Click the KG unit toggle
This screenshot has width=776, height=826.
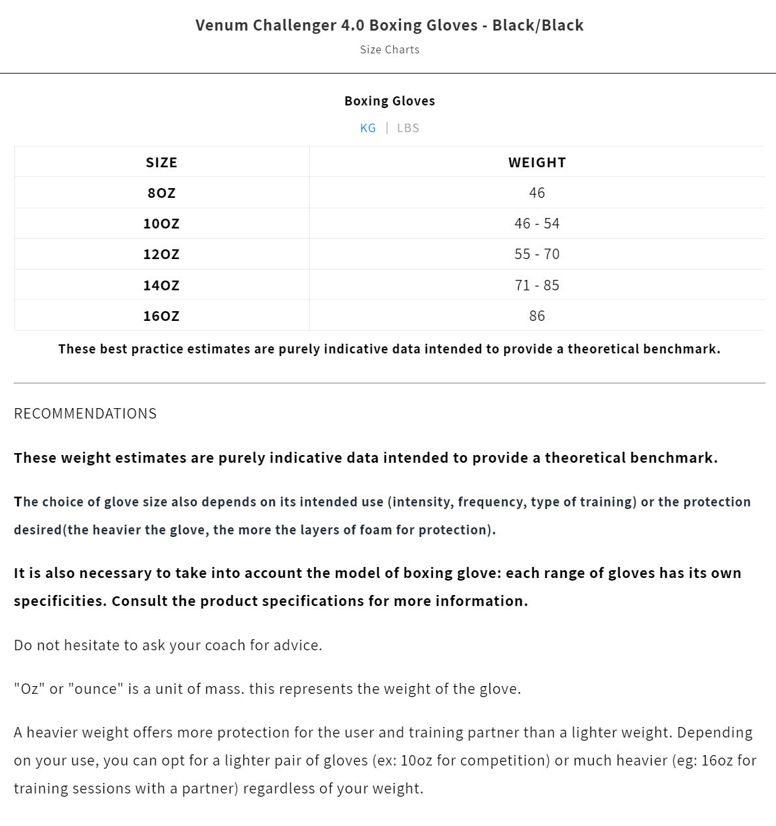tap(368, 128)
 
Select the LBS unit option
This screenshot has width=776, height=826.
tap(408, 128)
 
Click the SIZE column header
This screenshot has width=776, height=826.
tap(161, 162)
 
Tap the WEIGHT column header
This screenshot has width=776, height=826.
tap(537, 162)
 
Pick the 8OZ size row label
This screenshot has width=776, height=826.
tap(161, 193)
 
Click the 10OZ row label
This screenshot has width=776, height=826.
tap(161, 223)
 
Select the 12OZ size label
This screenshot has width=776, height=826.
tap(161, 254)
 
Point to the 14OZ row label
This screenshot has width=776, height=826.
tap(161, 285)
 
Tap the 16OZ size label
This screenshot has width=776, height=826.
tap(161, 316)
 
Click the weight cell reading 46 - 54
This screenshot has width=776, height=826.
tap(537, 223)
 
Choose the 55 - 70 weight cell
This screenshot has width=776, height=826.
tap(537, 254)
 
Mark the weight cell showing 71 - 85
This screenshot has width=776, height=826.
tap(537, 285)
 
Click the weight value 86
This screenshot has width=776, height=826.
tap(537, 316)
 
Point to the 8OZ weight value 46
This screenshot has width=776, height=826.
tap(537, 193)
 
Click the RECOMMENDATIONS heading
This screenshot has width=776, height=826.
tap(85, 413)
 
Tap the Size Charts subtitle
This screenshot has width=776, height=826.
tap(389, 49)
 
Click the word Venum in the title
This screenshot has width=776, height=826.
tap(221, 25)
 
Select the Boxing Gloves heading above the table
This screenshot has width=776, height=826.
tap(389, 101)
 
